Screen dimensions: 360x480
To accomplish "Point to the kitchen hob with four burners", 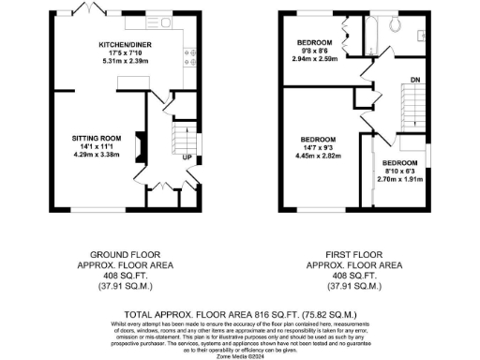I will click(194, 64).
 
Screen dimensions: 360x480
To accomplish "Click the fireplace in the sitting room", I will click(138, 147).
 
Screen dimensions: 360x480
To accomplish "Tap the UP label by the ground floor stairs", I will click(186, 157).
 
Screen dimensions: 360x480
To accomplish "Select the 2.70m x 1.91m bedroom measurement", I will click(400, 178).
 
